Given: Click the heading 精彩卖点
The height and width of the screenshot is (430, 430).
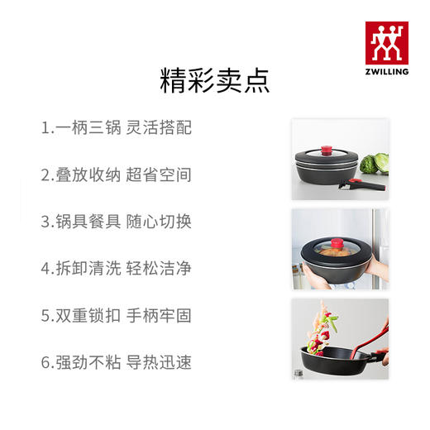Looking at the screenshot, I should tap(214, 81).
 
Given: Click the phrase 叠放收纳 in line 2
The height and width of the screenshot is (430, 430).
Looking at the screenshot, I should tap(87, 175).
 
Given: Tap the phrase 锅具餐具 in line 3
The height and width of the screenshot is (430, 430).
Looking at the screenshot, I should tap(87, 222).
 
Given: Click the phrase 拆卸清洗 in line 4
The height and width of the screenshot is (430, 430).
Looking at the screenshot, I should tap(87, 269).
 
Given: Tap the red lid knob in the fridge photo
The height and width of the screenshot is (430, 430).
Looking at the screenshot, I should tap(337, 244).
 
